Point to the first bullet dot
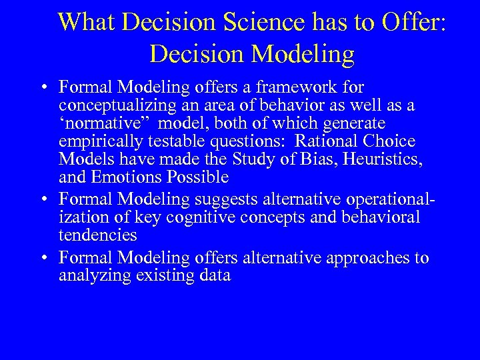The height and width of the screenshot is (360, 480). point(43,88)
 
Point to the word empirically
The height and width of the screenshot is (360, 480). point(99,141)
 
